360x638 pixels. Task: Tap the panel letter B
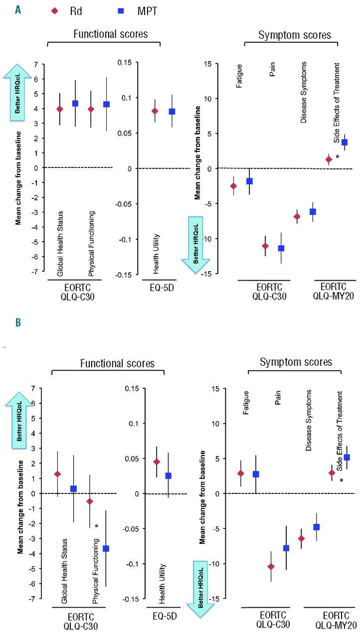point(18,322)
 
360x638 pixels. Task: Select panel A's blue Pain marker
point(281,248)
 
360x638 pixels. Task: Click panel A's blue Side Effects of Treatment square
point(344,142)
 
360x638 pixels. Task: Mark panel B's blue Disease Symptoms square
point(316,527)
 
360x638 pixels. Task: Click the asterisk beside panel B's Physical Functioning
point(97,527)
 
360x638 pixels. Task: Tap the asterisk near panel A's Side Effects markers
point(337,158)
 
